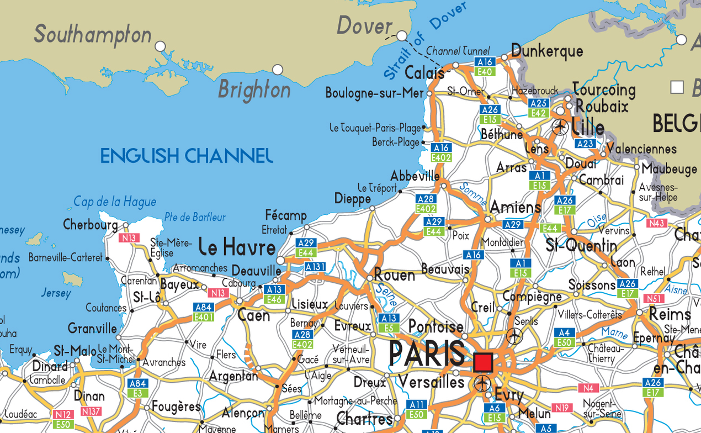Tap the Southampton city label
click(93, 34)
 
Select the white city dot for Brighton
click(278, 70)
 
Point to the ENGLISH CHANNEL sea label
click(187, 156)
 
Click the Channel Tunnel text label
click(458, 51)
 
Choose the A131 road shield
click(315, 267)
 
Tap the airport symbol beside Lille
click(560, 127)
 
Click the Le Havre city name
click(237, 247)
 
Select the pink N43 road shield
click(657, 223)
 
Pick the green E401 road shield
click(203, 317)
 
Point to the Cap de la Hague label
click(115, 202)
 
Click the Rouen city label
click(394, 274)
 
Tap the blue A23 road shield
click(585, 144)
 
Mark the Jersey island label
click(56, 293)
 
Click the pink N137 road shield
click(91, 411)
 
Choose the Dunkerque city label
click(547, 51)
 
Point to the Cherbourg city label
click(91, 225)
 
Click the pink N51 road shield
click(654, 299)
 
